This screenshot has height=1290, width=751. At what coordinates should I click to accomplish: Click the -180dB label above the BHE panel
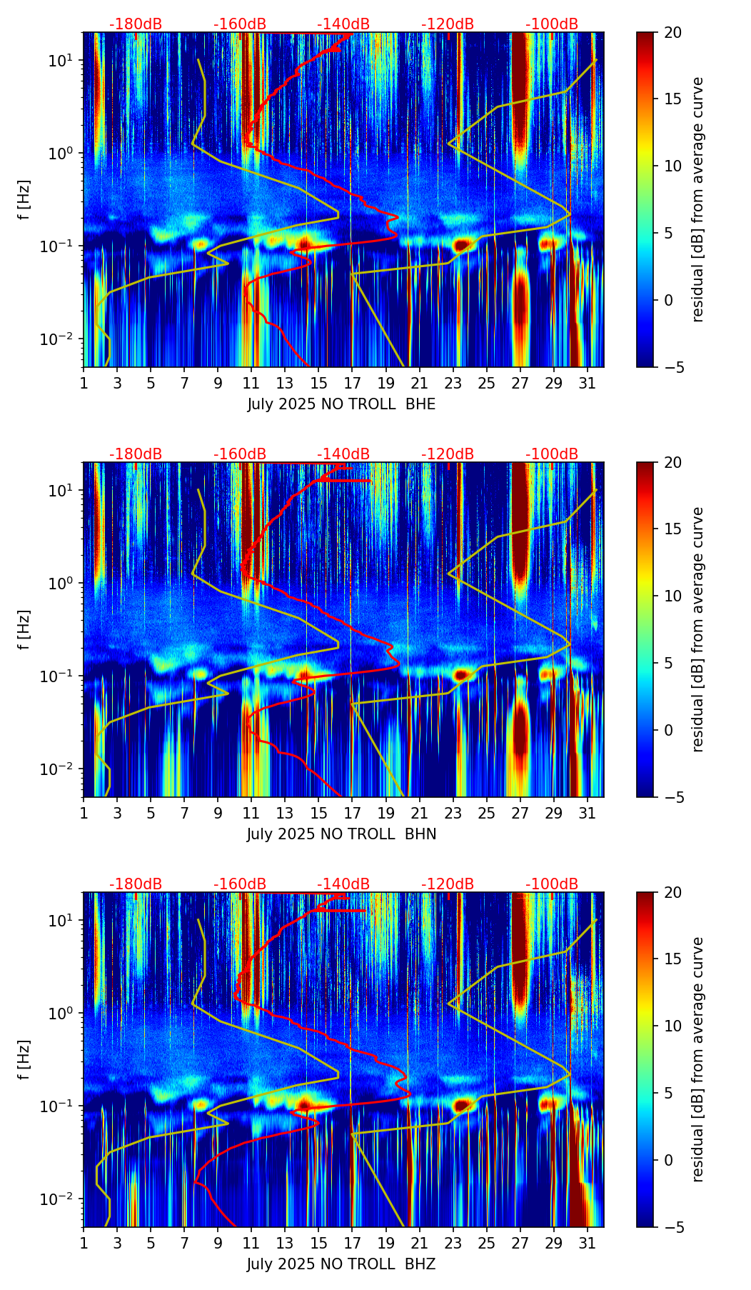coord(136,24)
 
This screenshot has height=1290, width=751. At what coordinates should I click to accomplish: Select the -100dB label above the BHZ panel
coord(552,884)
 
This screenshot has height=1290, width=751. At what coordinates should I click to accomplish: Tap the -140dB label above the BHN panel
coord(343,454)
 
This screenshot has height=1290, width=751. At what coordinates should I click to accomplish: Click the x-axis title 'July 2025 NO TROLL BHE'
coord(341,404)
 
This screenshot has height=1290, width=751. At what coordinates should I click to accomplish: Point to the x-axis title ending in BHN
coord(341,834)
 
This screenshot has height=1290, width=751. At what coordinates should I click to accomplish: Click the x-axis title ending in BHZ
coord(341,1264)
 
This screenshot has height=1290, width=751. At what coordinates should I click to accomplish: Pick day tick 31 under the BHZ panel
coord(587,1244)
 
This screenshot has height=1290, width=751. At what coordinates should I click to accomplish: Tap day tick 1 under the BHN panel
coord(84,814)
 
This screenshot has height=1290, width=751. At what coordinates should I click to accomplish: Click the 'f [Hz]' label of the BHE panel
coord(25,200)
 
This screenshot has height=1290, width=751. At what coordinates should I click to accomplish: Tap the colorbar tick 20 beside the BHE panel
coord(672,33)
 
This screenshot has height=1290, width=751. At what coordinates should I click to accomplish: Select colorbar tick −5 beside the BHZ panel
coord(672,1227)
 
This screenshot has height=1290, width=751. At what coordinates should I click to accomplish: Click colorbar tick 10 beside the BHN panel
coord(672,596)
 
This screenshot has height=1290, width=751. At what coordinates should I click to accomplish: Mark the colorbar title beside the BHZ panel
coord(698,1059)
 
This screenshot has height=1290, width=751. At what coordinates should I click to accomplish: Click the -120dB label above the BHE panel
coord(448,24)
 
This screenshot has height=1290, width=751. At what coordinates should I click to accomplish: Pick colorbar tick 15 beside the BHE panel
coord(672,99)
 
